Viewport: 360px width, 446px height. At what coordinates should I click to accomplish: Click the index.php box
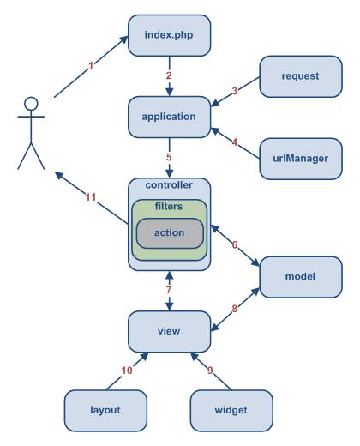(x=169, y=35)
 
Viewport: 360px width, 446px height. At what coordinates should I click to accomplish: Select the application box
(x=169, y=117)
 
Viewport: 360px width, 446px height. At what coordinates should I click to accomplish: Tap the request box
(x=301, y=76)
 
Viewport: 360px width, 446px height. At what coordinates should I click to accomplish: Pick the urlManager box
(x=301, y=159)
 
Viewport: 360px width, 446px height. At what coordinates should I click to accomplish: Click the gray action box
(x=170, y=233)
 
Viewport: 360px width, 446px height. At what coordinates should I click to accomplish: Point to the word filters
(x=169, y=206)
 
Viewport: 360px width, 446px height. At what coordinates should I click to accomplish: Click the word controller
(x=169, y=184)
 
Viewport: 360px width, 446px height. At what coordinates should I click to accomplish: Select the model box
(x=301, y=277)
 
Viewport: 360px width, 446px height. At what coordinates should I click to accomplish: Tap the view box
(x=169, y=332)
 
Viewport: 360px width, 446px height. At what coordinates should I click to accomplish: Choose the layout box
(x=105, y=411)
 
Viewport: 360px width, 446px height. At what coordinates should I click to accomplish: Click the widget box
(x=231, y=411)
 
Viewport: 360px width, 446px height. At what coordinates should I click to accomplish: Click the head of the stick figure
(x=31, y=104)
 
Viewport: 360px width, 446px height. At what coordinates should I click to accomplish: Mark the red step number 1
(x=91, y=66)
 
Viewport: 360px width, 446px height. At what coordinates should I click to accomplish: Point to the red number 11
(x=91, y=197)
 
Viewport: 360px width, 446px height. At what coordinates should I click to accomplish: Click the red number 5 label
(x=169, y=157)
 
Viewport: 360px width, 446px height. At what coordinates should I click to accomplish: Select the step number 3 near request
(x=235, y=91)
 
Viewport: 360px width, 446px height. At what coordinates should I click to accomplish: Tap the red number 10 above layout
(x=127, y=371)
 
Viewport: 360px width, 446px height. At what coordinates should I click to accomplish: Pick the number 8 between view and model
(x=234, y=309)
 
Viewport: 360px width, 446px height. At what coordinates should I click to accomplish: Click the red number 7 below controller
(x=169, y=290)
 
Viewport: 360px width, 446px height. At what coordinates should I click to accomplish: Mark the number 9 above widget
(x=210, y=371)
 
